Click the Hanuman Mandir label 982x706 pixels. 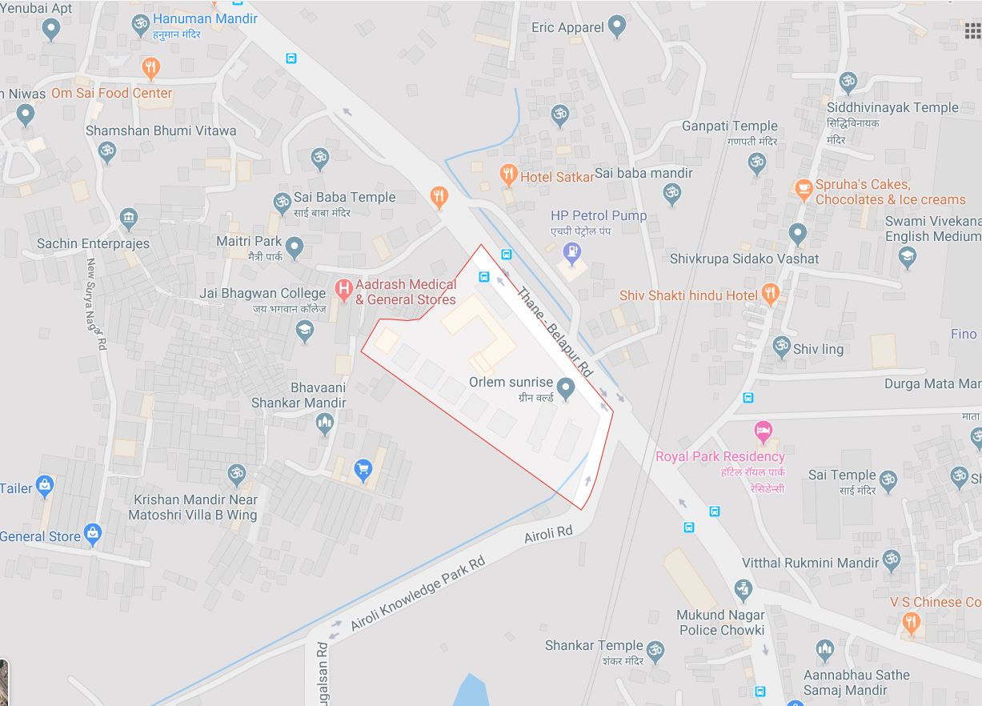tap(205, 18)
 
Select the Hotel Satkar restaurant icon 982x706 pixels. tap(507, 174)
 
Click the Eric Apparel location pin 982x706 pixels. tap(616, 26)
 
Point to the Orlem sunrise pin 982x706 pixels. tap(566, 388)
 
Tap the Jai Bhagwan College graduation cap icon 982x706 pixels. tap(305, 330)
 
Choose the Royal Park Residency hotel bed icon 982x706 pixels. tap(764, 432)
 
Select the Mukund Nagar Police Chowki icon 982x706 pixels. tap(744, 591)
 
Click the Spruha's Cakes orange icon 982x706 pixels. tap(804, 190)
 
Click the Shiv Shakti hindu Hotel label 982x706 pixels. tap(688, 296)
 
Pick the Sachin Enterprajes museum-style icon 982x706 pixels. tap(129, 218)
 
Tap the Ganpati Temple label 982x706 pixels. tap(729, 126)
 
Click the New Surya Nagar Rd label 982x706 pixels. tap(97, 305)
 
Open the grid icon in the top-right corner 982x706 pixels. tap(972, 31)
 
